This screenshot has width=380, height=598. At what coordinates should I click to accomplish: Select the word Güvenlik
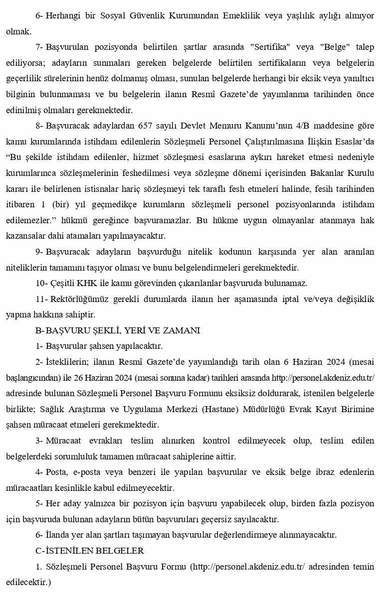point(142,15)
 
